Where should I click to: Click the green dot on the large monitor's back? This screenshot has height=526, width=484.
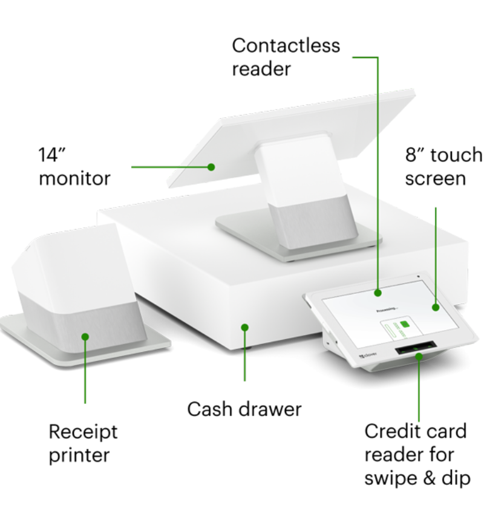point(211,167)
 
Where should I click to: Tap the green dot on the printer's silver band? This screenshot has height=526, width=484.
point(85,336)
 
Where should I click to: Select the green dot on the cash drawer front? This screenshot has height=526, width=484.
point(244,327)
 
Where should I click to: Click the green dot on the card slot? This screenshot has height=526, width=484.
point(418,357)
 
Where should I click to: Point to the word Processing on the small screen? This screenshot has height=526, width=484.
point(385,308)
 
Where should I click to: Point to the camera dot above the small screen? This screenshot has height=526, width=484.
point(418,277)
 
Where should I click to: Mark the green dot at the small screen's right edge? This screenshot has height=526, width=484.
point(435,307)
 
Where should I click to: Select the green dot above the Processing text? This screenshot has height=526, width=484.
point(378,293)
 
